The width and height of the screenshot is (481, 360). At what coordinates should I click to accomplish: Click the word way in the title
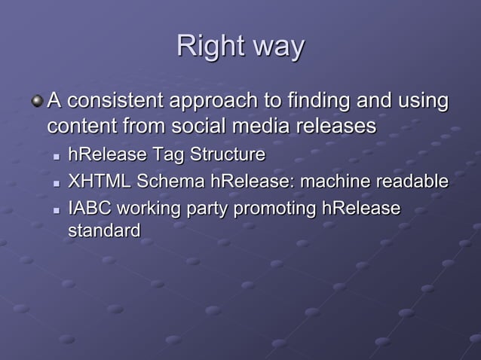click(278, 48)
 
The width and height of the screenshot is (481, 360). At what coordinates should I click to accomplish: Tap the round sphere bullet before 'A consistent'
click(37, 100)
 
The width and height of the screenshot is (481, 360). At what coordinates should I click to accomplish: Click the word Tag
click(169, 156)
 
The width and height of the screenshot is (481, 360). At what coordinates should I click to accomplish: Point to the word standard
click(104, 230)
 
